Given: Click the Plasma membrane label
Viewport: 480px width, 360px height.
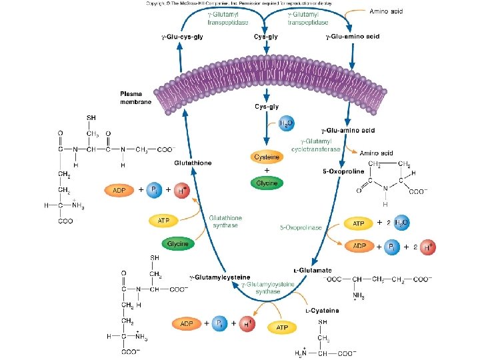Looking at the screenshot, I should pyautogui.click(x=136, y=97).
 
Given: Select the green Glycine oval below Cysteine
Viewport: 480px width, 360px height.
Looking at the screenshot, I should pyautogui.click(x=267, y=183).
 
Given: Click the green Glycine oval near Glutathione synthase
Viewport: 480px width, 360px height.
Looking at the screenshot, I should pyautogui.click(x=177, y=244).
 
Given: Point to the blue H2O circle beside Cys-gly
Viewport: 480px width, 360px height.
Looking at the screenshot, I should pyautogui.click(x=285, y=124).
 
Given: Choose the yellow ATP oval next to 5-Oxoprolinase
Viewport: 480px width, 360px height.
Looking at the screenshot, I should pyautogui.click(x=358, y=223).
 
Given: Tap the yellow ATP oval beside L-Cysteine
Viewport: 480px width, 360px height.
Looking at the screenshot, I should pyautogui.click(x=281, y=327).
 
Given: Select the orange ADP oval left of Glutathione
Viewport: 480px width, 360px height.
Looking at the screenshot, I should pyautogui.click(x=120, y=190).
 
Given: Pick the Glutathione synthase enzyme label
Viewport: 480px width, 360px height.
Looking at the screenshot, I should pyautogui.click(x=225, y=221).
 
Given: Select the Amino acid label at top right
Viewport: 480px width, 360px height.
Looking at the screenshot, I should pyautogui.click(x=387, y=11).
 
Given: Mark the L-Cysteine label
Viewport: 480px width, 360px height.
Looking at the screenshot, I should pyautogui.click(x=322, y=310).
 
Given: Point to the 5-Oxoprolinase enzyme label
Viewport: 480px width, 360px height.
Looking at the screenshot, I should pyautogui.click(x=301, y=227).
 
